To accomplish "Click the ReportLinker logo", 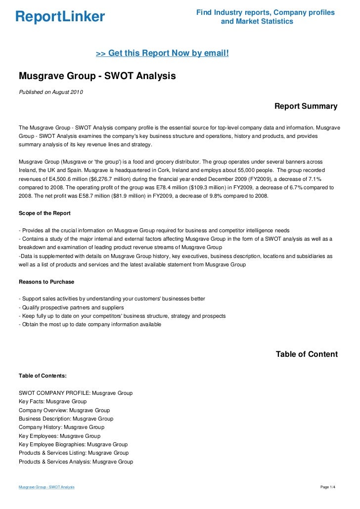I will click(x=60, y=17).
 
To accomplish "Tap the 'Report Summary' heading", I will click(x=306, y=106).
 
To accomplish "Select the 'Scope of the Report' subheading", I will click(x=44, y=213).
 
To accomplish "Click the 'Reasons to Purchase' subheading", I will click(x=46, y=282).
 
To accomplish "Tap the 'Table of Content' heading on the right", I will click(x=307, y=354).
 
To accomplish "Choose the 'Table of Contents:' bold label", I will click(x=45, y=376).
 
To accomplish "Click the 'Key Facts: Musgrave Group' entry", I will click(x=52, y=401).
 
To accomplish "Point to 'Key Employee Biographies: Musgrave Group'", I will click(x=73, y=444).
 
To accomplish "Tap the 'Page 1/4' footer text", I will click(x=328, y=487).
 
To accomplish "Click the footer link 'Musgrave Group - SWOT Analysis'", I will click(x=46, y=487).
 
